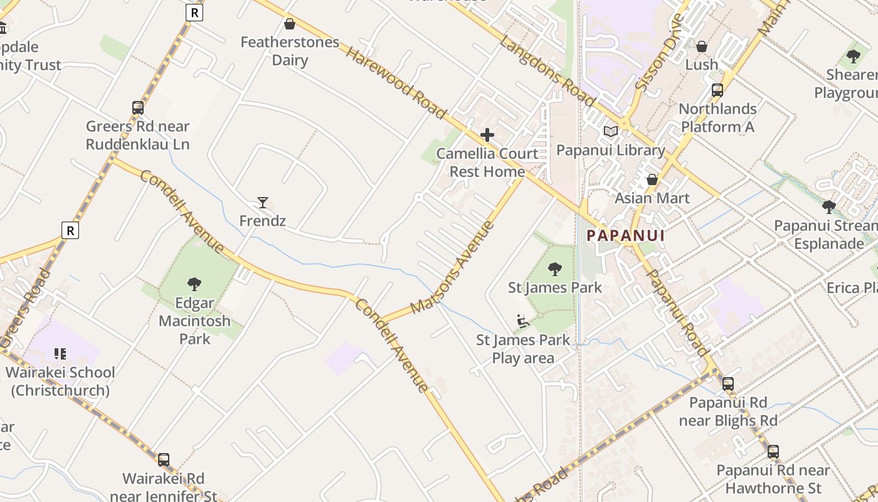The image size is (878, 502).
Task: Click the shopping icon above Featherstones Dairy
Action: tap(290, 24)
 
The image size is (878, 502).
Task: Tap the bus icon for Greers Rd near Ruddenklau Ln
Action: tap(138, 108)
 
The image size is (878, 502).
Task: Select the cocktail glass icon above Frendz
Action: tap(263, 203)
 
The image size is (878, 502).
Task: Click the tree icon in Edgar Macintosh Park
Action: tap(194, 284)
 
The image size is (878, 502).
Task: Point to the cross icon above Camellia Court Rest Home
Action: tap(487, 135)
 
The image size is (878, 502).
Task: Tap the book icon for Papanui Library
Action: tap(610, 132)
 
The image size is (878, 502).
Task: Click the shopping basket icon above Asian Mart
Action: tap(652, 180)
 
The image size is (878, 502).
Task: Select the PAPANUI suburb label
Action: tap(625, 236)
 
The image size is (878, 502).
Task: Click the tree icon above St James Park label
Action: tap(555, 269)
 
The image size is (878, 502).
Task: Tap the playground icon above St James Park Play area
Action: tap(523, 322)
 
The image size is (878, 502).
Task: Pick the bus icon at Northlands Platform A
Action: tap(717, 90)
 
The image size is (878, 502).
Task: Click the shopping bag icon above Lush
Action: tap(702, 47)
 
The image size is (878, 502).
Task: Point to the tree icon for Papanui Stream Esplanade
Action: tap(828, 207)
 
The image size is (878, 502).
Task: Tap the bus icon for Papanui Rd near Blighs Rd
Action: tap(727, 383)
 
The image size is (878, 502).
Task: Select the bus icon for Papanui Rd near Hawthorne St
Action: tap(773, 452)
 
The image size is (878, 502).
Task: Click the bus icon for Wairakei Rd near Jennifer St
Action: tap(164, 460)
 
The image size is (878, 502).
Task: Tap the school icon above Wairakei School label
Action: tap(60, 354)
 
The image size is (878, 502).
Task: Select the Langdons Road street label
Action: tap(547, 70)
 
